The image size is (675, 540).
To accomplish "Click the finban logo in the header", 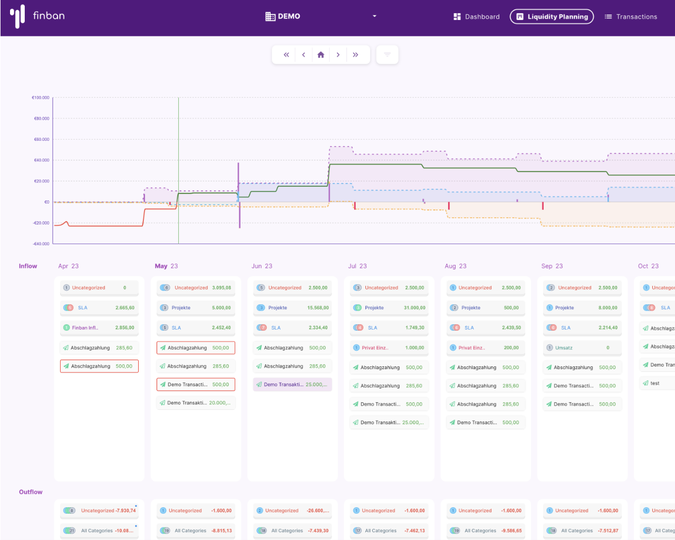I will click(x=37, y=16).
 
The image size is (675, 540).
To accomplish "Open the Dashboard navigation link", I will click(x=476, y=17).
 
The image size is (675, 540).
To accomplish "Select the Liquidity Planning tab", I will click(x=552, y=17).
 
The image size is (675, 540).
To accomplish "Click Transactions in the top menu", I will click(x=631, y=17).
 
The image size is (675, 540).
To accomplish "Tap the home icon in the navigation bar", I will click(x=321, y=55).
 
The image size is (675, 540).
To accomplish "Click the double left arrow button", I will click(x=286, y=55).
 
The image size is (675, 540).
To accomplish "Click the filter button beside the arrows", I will click(x=387, y=55).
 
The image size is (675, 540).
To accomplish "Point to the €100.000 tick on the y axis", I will click(x=41, y=98).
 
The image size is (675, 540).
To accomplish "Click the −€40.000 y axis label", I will click(x=41, y=244).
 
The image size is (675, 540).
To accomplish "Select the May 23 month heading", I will click(x=166, y=266).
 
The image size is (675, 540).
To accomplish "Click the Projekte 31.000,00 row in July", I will click(x=389, y=308).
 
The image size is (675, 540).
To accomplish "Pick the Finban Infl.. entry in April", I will click(x=99, y=328).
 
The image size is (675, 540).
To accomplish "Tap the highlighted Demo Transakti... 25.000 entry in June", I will click(x=292, y=385).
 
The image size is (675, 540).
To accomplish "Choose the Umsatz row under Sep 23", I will click(x=582, y=348).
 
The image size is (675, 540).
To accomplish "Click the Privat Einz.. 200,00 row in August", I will click(x=486, y=348).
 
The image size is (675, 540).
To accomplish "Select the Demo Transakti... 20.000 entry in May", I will click(x=196, y=403).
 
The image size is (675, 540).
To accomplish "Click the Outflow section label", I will click(x=31, y=492).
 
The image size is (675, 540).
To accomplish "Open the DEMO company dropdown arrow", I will click(x=374, y=16).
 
